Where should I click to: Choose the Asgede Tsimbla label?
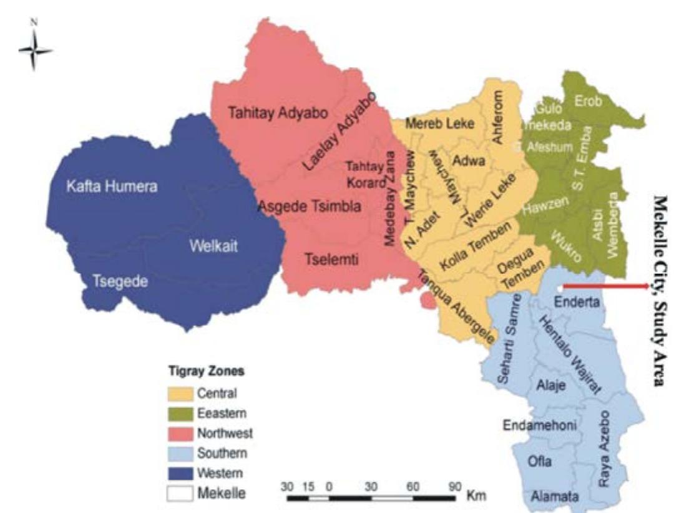point(310,207)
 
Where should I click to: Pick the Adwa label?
point(469,161)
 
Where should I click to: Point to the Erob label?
point(589,103)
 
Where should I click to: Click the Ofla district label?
point(540,462)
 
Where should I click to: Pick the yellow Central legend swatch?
point(181,394)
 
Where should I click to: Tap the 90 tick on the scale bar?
point(454,486)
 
